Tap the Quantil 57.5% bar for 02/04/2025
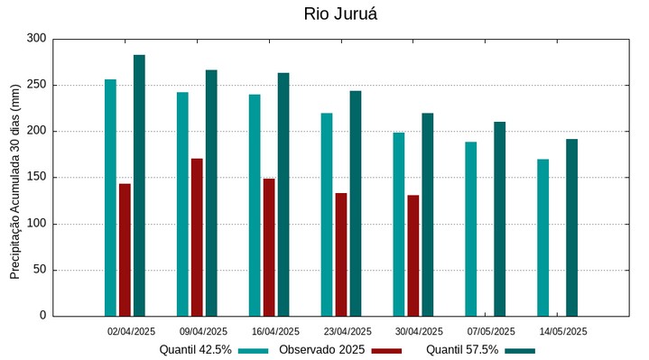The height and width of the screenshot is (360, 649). coord(139,185)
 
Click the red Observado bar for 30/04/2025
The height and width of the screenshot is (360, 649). coord(413,255)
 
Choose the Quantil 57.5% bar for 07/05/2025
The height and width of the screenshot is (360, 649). coord(499,219)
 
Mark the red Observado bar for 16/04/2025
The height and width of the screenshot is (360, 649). coord(269,247)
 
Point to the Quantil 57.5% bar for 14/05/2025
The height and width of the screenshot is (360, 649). coord(571,227)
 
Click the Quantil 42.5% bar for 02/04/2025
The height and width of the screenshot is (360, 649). coord(110,198)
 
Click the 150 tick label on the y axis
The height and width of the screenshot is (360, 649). coord(36,178)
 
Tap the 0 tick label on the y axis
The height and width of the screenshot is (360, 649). coord(42,316)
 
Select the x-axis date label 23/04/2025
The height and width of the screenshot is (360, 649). coord(348,332)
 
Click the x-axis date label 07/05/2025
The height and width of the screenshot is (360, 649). coord(491,332)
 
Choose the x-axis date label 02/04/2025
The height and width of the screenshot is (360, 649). coord(132,332)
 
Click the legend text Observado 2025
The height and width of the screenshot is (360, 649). coord(321,350)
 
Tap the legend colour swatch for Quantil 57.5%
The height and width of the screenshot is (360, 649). coord(520,350)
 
